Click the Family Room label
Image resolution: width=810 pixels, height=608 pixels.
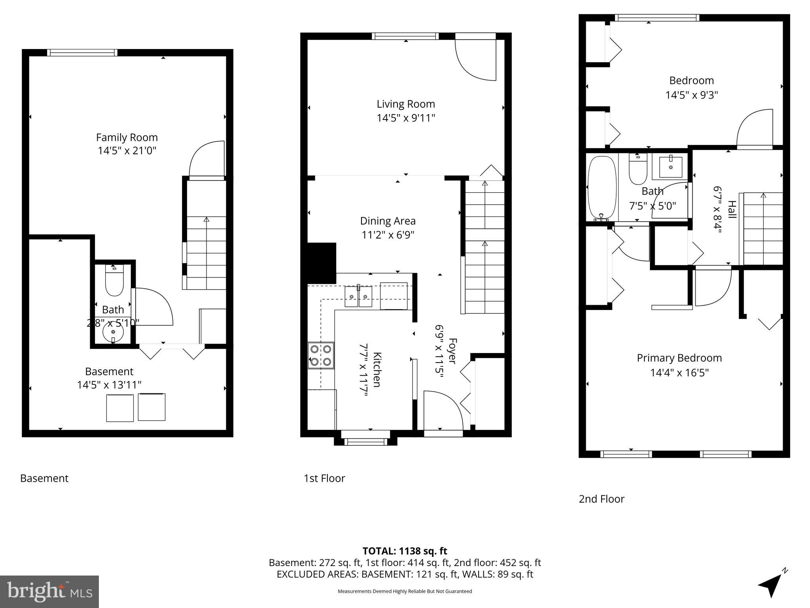(x=127, y=137)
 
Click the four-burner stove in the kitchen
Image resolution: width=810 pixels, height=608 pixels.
(x=321, y=355)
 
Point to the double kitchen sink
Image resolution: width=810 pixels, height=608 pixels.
(x=358, y=296)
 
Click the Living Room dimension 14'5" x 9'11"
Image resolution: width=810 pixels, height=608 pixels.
(x=406, y=118)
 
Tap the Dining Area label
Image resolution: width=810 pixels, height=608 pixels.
(x=388, y=221)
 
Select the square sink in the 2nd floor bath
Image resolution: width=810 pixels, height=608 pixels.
(x=671, y=167)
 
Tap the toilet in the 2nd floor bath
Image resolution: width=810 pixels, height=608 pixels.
(x=638, y=170)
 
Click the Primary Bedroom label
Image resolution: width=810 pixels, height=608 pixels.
(x=679, y=358)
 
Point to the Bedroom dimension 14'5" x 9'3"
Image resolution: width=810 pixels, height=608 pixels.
(x=691, y=95)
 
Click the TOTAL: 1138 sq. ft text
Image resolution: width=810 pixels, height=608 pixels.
(x=405, y=551)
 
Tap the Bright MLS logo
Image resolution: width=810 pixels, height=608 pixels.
(x=49, y=591)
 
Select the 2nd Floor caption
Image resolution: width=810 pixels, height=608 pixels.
(x=601, y=499)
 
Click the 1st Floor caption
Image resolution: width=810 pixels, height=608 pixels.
(x=324, y=478)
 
